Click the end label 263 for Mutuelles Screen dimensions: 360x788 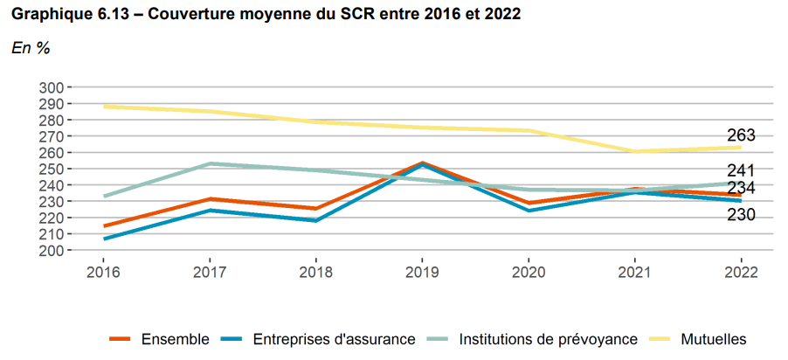(x=741, y=135)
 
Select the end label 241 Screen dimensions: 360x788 (x=741, y=170)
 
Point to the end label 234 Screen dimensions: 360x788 (x=741, y=188)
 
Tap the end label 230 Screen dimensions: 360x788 (x=741, y=215)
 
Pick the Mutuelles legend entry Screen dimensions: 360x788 (x=712, y=339)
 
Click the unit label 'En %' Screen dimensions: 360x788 (x=31, y=49)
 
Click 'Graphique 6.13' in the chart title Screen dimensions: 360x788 (x=66, y=16)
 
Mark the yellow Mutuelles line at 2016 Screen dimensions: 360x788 (x=103, y=107)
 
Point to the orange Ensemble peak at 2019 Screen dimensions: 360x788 (x=422, y=163)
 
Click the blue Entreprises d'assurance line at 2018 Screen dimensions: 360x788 (x=315, y=220)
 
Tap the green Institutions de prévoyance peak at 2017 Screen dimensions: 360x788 (x=209, y=163)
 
